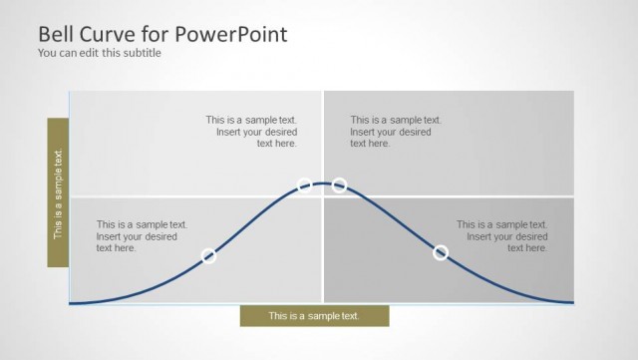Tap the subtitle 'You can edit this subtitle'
click(99, 53)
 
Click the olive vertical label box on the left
click(58, 192)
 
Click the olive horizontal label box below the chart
click(314, 316)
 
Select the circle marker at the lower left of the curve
click(209, 256)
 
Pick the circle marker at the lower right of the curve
click(441, 253)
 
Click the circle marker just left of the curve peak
click(305, 185)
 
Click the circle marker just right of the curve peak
click(339, 185)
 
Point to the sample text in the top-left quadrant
click(251, 132)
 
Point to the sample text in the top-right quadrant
click(395, 132)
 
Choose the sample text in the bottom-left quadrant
click(142, 236)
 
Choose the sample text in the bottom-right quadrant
click(501, 236)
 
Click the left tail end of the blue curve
click(73, 302)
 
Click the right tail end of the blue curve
click(570, 301)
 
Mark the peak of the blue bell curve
click(322, 182)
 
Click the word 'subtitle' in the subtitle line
click(142, 53)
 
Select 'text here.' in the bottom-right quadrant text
click(527, 248)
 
